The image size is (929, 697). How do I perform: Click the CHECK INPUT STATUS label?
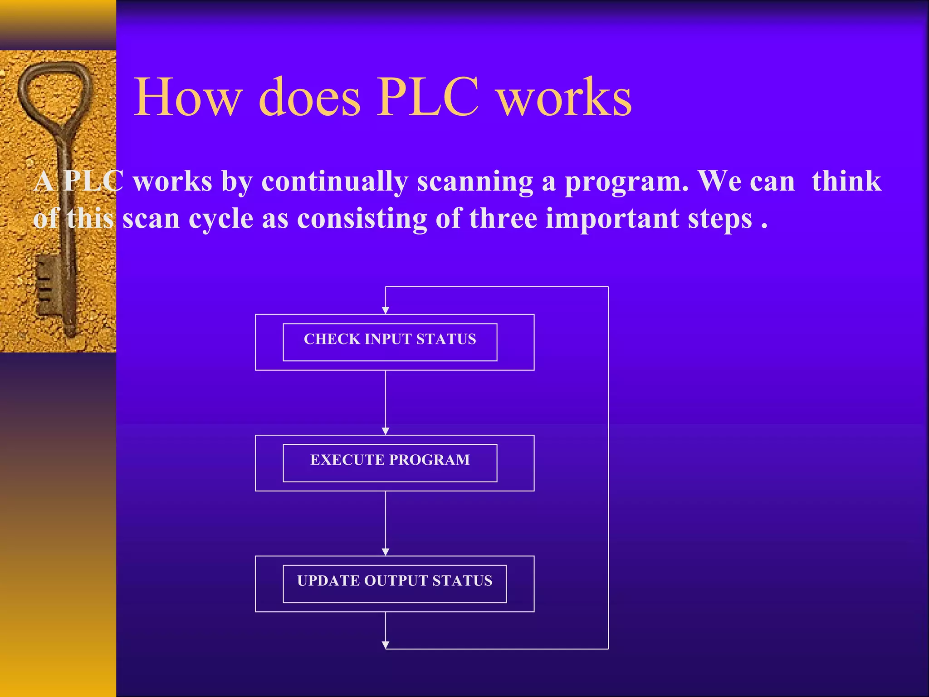(x=390, y=339)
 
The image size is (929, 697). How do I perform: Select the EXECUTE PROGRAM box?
(x=390, y=462)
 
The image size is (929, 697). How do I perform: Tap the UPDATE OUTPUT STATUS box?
(x=394, y=583)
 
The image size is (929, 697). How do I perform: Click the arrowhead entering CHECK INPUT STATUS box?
(x=386, y=310)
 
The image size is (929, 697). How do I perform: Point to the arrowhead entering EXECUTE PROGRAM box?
(x=386, y=431)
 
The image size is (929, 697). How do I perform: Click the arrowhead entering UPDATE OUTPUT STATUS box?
(x=386, y=552)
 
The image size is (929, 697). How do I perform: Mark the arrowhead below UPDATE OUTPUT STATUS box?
(x=386, y=645)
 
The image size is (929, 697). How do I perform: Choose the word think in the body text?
(x=846, y=182)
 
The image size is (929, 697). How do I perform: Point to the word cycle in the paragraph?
(x=220, y=219)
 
